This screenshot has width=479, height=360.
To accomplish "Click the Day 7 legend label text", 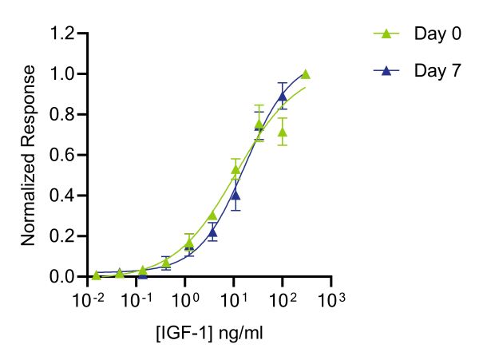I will [x=437, y=71].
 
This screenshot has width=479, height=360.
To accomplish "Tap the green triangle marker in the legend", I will [x=386, y=34].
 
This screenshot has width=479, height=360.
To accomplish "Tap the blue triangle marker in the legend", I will [x=386, y=71].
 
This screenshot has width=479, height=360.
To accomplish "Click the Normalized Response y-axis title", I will [x=28, y=155].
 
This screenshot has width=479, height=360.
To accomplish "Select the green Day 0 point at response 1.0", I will [x=305, y=74].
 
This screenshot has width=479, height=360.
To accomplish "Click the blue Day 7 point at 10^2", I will [x=282, y=97].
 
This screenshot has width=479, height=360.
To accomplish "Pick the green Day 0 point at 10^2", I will [x=282, y=132].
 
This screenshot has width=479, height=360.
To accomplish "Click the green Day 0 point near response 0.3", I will [x=212, y=216].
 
